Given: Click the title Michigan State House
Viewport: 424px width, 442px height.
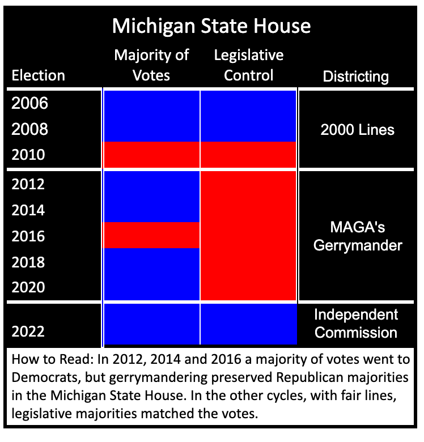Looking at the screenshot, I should [x=211, y=26].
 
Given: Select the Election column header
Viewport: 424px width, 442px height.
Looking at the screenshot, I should [x=39, y=75].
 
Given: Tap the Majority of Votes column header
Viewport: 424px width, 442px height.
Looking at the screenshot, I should [x=151, y=65].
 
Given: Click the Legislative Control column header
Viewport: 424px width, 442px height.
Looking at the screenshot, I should [x=249, y=65].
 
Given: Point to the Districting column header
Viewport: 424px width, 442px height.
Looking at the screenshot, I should [x=356, y=76].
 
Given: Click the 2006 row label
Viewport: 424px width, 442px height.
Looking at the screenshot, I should [x=30, y=104].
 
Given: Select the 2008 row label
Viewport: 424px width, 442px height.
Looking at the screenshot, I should [x=30, y=129].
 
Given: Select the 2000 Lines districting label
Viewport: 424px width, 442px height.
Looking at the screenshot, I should [x=357, y=130].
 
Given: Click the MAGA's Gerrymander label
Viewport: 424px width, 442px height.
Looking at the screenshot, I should [x=357, y=236].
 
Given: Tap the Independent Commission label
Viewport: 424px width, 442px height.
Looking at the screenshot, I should [x=356, y=323].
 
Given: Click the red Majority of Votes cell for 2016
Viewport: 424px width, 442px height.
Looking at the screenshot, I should [x=151, y=235].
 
